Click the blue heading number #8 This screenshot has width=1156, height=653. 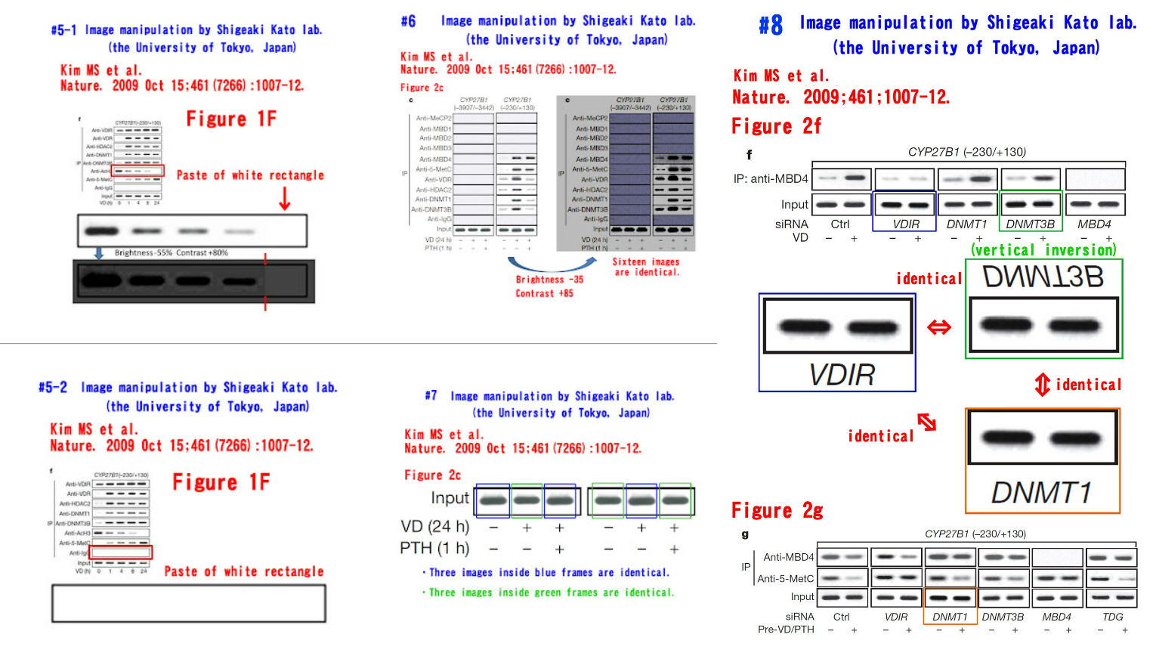pyautogui.click(x=771, y=25)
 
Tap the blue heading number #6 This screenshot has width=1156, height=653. pyautogui.click(x=408, y=21)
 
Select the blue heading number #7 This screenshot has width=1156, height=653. pyautogui.click(x=431, y=395)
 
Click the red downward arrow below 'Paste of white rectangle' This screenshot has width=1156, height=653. pyautogui.click(x=285, y=198)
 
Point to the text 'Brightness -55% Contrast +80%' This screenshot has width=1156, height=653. pyautogui.click(x=171, y=252)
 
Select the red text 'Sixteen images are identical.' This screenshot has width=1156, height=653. pyautogui.click(x=646, y=267)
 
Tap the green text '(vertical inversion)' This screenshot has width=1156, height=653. pyautogui.click(x=1043, y=249)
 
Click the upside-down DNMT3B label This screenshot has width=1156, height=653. pyautogui.click(x=1043, y=277)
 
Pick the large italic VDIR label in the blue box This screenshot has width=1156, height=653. pyautogui.click(x=841, y=374)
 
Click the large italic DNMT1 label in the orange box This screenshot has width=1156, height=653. pyautogui.click(x=1041, y=493)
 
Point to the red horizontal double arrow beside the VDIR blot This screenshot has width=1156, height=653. pyautogui.click(x=939, y=327)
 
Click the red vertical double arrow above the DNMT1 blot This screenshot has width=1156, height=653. pyautogui.click(x=1042, y=384)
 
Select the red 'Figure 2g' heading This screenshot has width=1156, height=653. pyautogui.click(x=777, y=511)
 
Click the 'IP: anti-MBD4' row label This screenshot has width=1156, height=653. pyautogui.click(x=771, y=179)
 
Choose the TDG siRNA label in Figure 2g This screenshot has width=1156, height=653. pyautogui.click(x=1112, y=617)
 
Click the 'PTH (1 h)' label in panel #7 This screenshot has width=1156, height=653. pyautogui.click(x=434, y=548)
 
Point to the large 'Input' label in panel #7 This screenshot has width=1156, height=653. pyautogui.click(x=450, y=498)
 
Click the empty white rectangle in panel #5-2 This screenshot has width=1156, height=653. pyautogui.click(x=189, y=603)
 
